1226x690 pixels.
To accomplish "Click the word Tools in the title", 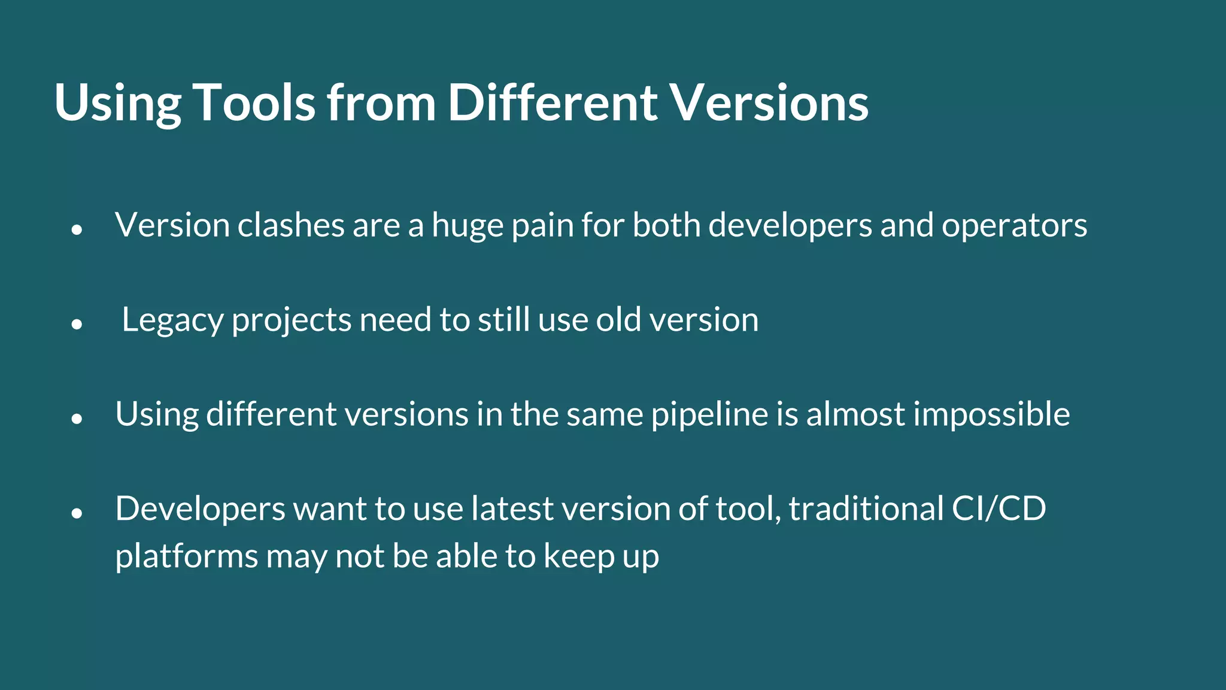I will [x=254, y=103].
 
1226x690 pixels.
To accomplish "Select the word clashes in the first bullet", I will [x=290, y=226].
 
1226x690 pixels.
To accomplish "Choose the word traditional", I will [x=866, y=509].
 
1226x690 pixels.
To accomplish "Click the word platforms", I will [x=186, y=557].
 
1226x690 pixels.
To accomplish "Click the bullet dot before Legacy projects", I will [x=76, y=324].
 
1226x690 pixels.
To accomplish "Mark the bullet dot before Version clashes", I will [x=76, y=229].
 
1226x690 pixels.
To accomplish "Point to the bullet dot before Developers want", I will [x=76, y=513].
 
